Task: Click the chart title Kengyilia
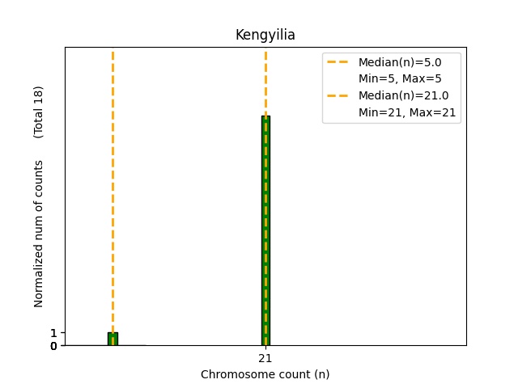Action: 265,35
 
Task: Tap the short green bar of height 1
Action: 113,339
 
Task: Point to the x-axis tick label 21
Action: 265,358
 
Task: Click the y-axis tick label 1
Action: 53,333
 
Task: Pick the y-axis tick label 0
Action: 53,346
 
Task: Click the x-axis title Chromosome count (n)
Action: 265,374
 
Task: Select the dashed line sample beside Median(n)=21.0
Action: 339,95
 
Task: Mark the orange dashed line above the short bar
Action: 113,186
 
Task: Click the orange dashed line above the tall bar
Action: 265,81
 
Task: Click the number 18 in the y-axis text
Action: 39,95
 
